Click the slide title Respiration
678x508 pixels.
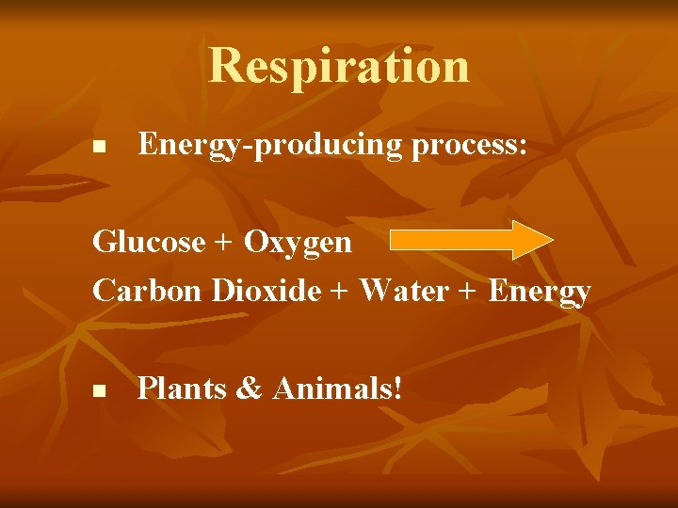[339, 65]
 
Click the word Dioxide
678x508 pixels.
[266, 291]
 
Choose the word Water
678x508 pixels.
[404, 291]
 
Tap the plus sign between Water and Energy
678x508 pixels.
[468, 292]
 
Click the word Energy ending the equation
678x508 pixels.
[540, 293]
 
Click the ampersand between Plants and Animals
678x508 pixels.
[250, 388]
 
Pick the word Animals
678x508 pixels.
[331, 388]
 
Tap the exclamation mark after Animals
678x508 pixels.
[396, 388]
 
